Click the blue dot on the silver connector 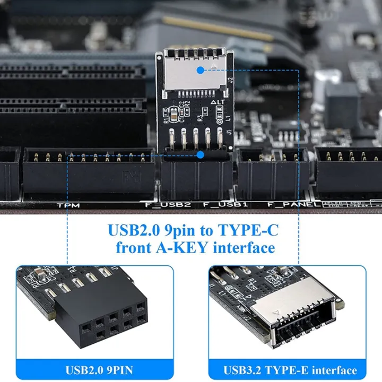(200, 70)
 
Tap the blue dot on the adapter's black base (200, 155)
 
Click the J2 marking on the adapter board (230, 82)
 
